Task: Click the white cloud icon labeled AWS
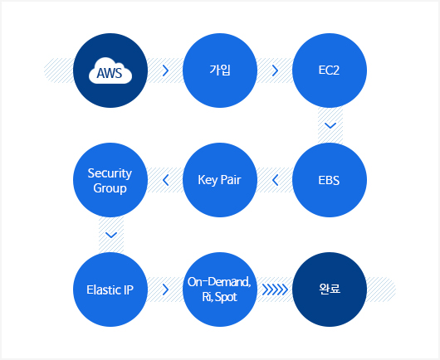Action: [110, 71]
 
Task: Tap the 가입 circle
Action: [220, 71]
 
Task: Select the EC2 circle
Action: [330, 71]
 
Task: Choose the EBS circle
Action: [330, 180]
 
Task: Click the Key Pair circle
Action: [220, 180]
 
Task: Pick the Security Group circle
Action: [110, 180]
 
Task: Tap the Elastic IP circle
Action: [110, 289]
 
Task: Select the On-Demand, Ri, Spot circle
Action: [220, 289]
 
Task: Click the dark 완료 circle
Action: [330, 289]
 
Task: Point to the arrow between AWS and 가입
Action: [165, 71]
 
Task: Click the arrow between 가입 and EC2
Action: [276, 71]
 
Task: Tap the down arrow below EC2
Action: [330, 125]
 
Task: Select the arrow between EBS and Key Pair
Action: [275, 180]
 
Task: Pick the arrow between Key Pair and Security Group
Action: [165, 180]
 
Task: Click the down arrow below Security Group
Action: [111, 235]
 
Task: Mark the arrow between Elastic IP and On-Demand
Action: [165, 289]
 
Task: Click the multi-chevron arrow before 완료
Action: [275, 289]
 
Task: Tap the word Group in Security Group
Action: [110, 188]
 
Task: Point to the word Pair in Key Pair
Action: [231, 180]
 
